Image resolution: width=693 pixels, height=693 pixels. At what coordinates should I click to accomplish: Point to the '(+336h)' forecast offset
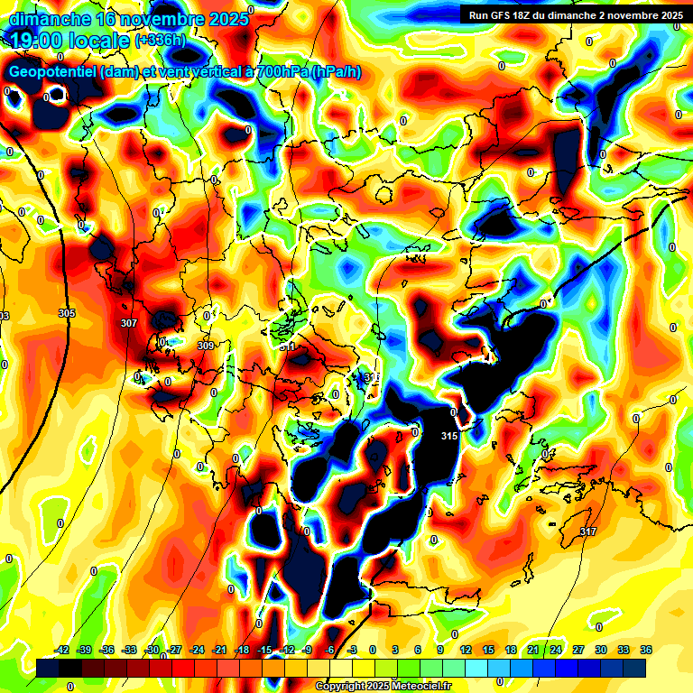pos(161,41)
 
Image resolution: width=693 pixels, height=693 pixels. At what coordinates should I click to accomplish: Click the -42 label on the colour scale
pos(62,650)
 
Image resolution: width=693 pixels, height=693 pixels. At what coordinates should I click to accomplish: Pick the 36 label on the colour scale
pos(646,650)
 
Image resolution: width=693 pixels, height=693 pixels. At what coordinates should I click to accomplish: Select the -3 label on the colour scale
pos(353,650)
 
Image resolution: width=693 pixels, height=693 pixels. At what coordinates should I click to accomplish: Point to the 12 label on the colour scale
pos(466,650)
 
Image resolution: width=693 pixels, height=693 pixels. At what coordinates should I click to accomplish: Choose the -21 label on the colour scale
pos(219,650)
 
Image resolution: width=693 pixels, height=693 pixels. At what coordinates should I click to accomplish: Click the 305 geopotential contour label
pos(67,313)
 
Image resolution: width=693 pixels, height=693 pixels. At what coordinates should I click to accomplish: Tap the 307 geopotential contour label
pos(128,323)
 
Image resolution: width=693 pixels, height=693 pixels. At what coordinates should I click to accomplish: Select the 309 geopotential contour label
pos(206,346)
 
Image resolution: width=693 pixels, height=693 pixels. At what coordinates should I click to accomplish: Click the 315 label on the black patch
pos(449,437)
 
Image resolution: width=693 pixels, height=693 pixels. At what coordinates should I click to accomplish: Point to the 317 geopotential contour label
pos(588,531)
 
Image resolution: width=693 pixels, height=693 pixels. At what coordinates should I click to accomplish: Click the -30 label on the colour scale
pos(152,650)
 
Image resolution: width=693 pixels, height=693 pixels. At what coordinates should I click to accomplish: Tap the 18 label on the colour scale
pos(511,650)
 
